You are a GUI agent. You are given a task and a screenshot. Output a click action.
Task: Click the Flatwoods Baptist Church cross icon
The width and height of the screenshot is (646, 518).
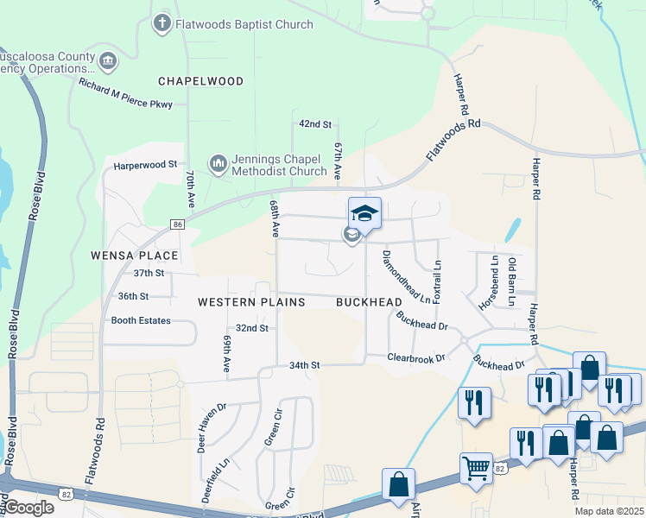click(x=161, y=23)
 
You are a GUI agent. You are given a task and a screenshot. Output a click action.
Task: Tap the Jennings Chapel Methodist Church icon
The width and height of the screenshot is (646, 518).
click(x=218, y=162)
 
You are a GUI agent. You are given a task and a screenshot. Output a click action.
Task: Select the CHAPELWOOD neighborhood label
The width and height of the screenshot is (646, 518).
click(x=200, y=80)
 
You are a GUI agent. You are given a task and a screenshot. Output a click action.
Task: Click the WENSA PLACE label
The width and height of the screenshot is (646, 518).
click(x=134, y=256)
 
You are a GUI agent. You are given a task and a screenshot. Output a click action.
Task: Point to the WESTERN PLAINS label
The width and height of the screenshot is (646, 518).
click(x=251, y=302)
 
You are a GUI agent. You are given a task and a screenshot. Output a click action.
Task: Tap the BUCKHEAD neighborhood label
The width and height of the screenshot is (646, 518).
click(x=369, y=302)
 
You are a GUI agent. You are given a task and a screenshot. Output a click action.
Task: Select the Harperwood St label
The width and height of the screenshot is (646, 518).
click(x=145, y=163)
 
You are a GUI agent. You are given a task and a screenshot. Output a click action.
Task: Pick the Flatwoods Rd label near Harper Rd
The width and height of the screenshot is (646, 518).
click(x=453, y=142)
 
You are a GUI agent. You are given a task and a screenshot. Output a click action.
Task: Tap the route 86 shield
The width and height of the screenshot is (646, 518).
click(x=178, y=224)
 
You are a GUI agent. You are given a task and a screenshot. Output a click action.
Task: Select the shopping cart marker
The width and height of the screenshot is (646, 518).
click(x=476, y=468)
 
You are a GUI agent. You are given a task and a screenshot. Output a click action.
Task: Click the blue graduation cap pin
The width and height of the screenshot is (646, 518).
click(x=364, y=213)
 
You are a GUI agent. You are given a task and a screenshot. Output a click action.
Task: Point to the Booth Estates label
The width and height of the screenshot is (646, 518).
click(x=142, y=320)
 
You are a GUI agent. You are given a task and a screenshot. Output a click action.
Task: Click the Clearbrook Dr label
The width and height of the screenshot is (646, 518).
click(x=415, y=357)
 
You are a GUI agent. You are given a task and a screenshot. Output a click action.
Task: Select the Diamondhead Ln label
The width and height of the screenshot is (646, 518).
click(x=407, y=277)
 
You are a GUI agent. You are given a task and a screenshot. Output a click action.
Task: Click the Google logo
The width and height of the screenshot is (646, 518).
click(x=28, y=508)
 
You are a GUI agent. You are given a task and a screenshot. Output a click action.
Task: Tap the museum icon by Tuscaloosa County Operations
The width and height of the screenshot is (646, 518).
click(x=107, y=60)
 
